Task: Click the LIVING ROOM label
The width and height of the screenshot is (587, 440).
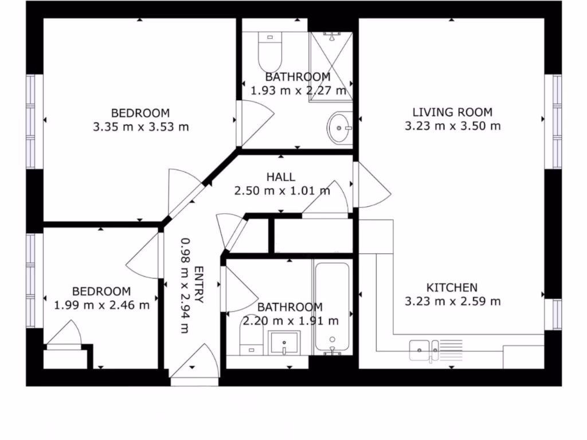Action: pyautogui.click(x=452, y=112)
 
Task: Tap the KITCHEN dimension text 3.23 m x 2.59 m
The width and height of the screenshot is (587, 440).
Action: pyautogui.click(x=452, y=301)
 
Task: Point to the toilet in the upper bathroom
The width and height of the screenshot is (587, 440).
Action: pyautogui.click(x=268, y=52)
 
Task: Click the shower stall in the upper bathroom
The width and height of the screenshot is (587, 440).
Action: pyautogui.click(x=331, y=66)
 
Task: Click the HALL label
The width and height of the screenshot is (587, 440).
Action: pyautogui.click(x=281, y=177)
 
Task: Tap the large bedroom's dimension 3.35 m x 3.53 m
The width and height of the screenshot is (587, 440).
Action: pyautogui.click(x=140, y=127)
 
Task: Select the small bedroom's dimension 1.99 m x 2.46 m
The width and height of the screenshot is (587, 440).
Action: pyautogui.click(x=101, y=305)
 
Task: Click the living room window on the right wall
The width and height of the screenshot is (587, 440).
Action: pyautogui.click(x=557, y=121)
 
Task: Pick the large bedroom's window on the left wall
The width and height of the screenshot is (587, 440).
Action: pyautogui.click(x=31, y=121)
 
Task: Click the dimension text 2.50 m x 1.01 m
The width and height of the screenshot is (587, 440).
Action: pyautogui.click(x=282, y=191)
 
